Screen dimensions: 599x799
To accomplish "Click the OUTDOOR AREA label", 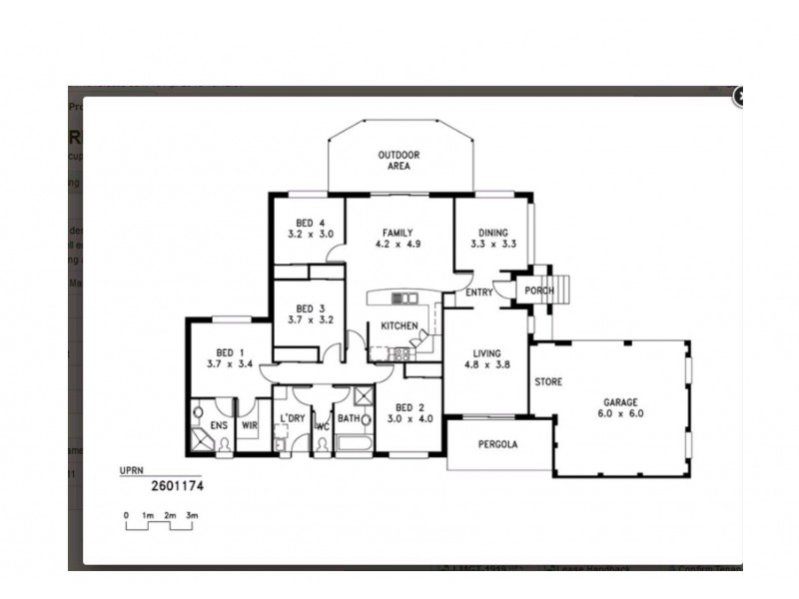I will pos(398,161).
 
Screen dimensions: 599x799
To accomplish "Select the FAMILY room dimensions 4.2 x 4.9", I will pos(395,244).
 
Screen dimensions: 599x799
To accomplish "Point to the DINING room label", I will pos(491,233).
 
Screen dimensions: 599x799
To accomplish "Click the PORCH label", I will pos(540,291).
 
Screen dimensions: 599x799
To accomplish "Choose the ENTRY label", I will pos(479,292).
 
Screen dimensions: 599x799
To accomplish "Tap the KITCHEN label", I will pos(399,326).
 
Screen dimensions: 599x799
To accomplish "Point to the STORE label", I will pos(548,381).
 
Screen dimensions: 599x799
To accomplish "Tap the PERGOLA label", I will pos(497,444).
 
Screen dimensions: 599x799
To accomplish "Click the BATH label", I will pos(348,418).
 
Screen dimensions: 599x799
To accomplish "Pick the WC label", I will pos(322,426).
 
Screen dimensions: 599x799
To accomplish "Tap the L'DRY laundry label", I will pos(292,418).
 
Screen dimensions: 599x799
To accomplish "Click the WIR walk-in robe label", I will pos(249,425).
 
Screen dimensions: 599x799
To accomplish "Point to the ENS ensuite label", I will pos(218,425).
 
